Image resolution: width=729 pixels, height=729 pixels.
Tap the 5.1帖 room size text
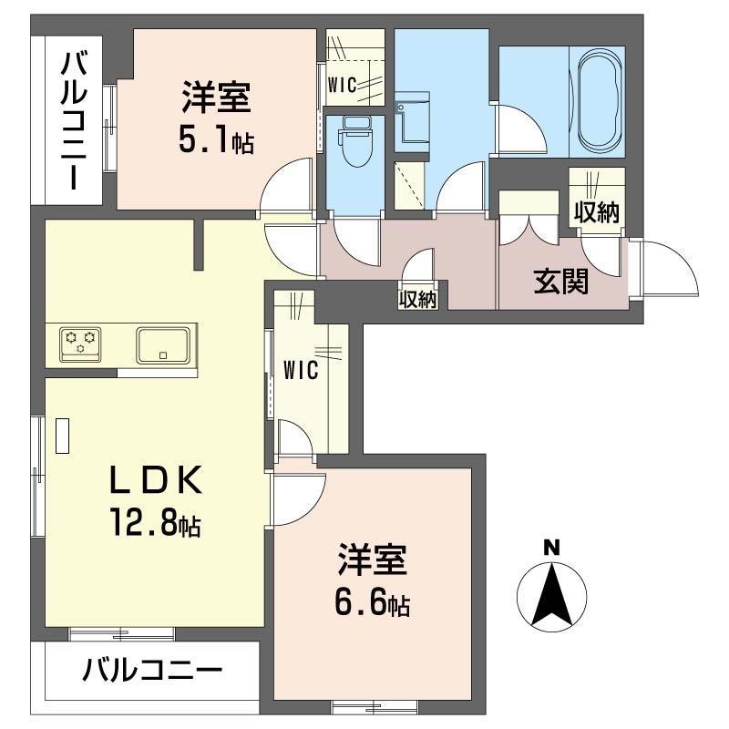[217, 141]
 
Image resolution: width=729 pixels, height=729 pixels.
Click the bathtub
[601, 96]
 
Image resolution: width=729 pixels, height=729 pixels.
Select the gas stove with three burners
[80, 344]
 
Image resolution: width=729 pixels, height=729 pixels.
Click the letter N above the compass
[550, 548]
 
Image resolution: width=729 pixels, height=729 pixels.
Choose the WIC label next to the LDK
[300, 370]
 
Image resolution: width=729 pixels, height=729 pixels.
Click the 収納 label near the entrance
[597, 212]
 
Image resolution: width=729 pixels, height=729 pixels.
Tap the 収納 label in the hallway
[417, 299]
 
